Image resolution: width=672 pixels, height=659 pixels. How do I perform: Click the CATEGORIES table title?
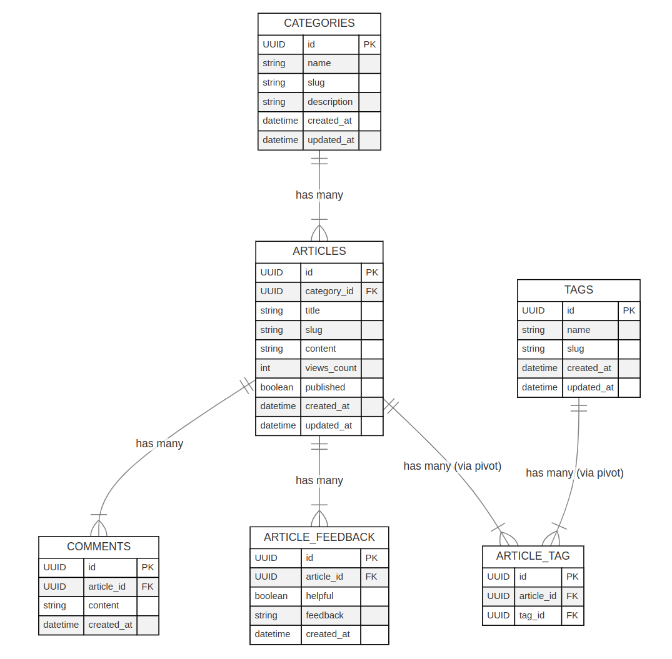(x=319, y=24)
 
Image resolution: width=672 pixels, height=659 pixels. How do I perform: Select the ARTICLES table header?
(x=319, y=251)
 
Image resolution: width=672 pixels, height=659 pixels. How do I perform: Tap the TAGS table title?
(x=578, y=290)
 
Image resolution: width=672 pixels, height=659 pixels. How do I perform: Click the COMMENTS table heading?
(x=99, y=547)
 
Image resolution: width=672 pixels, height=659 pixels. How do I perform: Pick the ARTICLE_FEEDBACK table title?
(x=319, y=537)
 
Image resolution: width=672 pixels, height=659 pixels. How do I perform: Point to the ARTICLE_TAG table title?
(x=533, y=556)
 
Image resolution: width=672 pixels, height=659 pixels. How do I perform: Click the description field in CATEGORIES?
(x=330, y=102)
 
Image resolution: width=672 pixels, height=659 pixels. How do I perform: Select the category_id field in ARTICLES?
(x=329, y=291)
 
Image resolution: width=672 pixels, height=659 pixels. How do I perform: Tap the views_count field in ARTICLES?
(x=331, y=368)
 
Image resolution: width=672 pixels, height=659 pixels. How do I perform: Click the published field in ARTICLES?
(x=325, y=387)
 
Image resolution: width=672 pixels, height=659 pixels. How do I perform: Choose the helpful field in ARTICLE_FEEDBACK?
(x=319, y=596)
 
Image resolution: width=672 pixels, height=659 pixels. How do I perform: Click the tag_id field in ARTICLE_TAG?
(x=531, y=615)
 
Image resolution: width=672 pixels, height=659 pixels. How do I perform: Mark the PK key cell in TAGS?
(x=629, y=310)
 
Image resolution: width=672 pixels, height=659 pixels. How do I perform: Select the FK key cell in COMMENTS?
(x=148, y=587)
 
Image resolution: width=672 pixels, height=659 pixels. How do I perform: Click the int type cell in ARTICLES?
(x=266, y=368)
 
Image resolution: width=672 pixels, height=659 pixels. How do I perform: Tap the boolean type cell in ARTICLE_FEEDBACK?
(x=271, y=596)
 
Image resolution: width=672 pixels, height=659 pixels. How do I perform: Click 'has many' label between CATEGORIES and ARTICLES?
(x=319, y=195)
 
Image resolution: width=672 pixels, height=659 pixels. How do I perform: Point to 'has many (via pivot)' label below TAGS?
(x=574, y=473)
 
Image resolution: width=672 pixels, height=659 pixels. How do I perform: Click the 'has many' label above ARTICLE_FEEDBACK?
(x=319, y=480)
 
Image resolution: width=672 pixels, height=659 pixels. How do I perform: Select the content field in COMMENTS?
(x=104, y=605)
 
